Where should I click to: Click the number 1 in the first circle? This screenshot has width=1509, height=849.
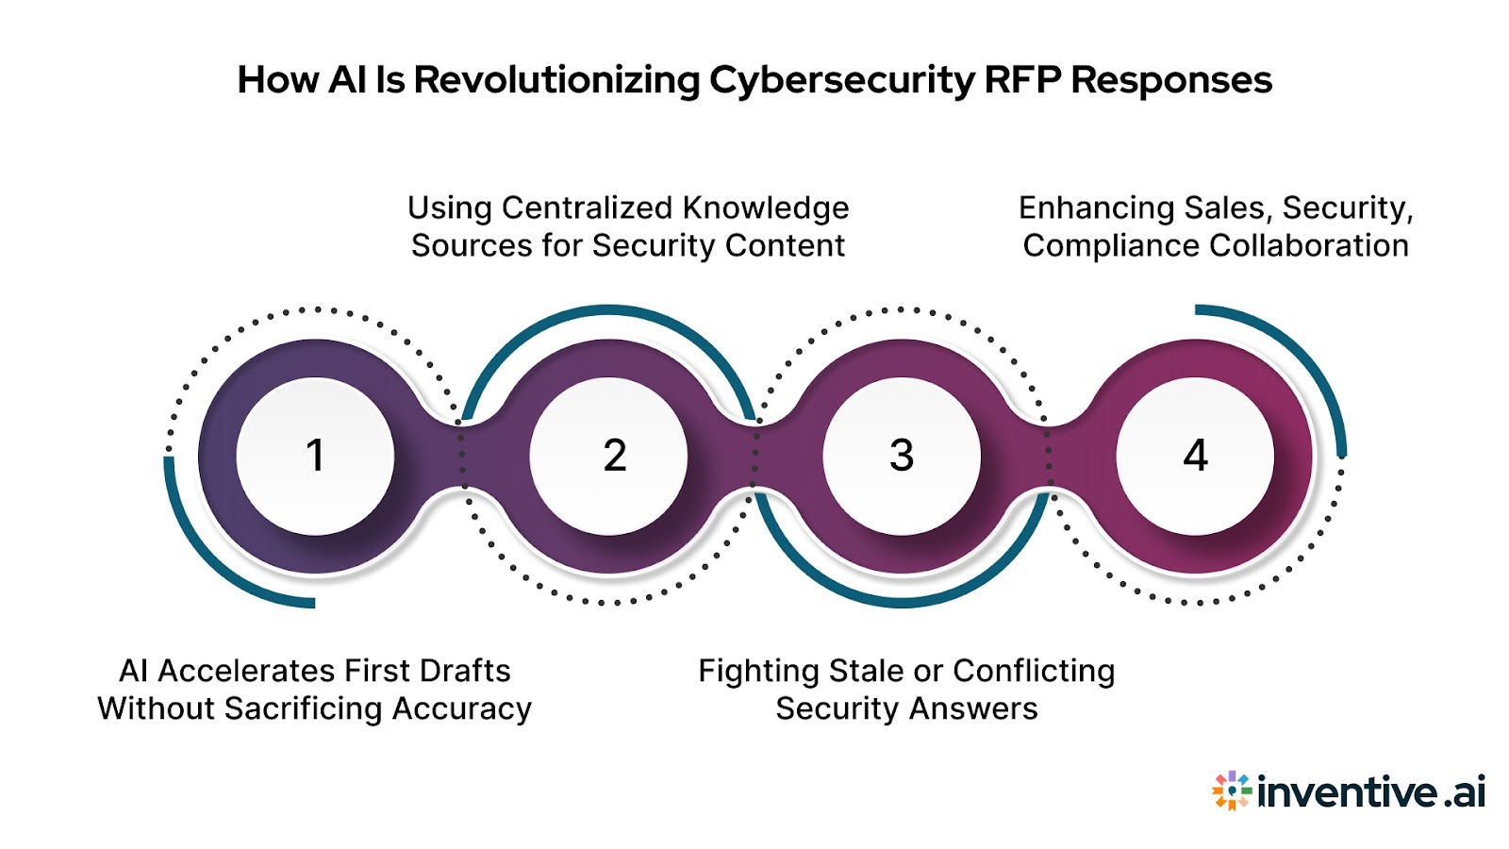pyautogui.click(x=315, y=456)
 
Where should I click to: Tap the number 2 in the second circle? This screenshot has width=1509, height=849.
pyautogui.click(x=615, y=456)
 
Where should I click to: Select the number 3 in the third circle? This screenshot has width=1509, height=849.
pyautogui.click(x=902, y=456)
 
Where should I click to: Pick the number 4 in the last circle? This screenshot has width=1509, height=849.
pyautogui.click(x=1195, y=456)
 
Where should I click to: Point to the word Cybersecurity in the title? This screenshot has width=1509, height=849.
pyautogui.click(x=841, y=80)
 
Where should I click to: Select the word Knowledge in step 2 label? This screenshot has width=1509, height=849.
pyautogui.click(x=765, y=208)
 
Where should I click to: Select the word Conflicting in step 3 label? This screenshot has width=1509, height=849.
pyautogui.click(x=1034, y=671)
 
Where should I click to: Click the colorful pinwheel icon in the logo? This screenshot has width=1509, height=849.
pyautogui.click(x=1231, y=791)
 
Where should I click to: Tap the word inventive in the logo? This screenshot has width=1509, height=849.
pyautogui.click(x=1347, y=791)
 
